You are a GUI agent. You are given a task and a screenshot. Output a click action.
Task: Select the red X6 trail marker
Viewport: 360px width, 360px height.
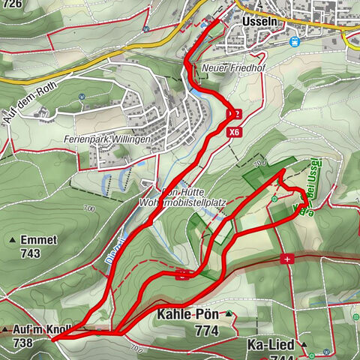235,130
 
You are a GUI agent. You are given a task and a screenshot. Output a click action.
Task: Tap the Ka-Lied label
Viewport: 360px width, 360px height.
274,345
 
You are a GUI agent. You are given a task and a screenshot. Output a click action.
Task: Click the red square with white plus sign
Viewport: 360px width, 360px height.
286,258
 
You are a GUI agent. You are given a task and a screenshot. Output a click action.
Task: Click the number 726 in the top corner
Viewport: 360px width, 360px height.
10,4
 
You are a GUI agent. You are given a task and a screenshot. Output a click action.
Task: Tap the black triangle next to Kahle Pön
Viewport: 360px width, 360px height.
228,315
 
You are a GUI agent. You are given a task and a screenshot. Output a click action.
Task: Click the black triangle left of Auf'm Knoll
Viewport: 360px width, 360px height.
5,330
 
